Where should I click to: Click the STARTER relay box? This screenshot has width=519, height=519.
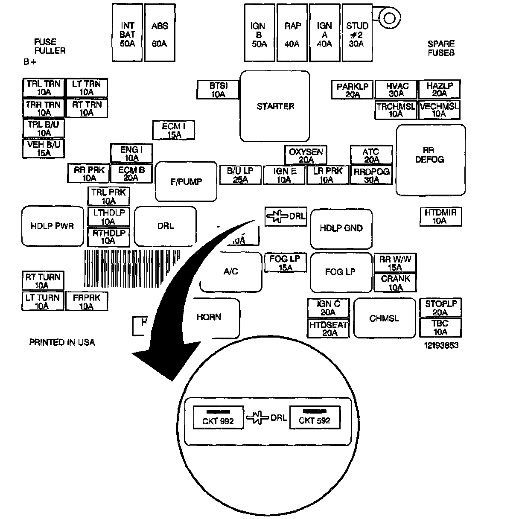[x=275, y=106]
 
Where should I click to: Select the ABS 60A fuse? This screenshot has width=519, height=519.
[x=160, y=33]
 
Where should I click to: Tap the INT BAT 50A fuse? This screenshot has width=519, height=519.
[x=127, y=33]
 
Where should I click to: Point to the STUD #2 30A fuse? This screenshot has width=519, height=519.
[x=357, y=33]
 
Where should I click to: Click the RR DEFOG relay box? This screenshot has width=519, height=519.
[x=430, y=160]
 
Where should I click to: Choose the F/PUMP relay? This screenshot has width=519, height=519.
[x=186, y=181]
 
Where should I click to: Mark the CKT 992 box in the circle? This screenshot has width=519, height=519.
[x=219, y=417]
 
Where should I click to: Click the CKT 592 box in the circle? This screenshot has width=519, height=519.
[x=315, y=417]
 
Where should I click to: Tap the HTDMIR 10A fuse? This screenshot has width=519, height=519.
[x=440, y=216]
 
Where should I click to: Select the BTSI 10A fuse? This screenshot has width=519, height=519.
[x=218, y=90]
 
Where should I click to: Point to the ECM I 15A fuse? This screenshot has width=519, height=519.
[x=174, y=130]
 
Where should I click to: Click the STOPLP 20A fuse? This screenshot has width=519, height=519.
[x=440, y=308]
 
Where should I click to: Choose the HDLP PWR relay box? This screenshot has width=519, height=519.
[x=52, y=226]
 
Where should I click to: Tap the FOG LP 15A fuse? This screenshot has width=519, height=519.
[x=285, y=263]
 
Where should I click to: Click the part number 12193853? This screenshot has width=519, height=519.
[x=441, y=345]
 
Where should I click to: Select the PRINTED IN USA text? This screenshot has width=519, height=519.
[x=62, y=342]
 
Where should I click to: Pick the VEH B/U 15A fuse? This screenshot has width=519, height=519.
[x=44, y=149]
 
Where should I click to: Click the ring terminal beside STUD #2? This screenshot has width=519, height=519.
[x=389, y=17]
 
